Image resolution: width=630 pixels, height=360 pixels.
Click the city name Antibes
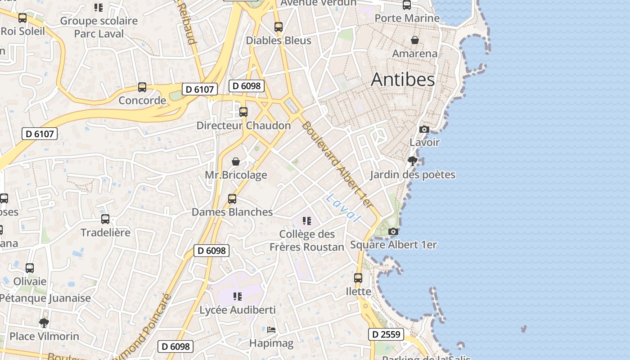(x=403, y=80)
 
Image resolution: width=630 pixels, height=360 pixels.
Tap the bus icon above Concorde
(x=142, y=87)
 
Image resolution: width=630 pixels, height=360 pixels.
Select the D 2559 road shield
(x=386, y=334)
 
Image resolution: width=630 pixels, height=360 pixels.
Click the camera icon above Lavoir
(x=424, y=130)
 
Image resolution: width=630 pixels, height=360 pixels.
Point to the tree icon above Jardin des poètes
(x=412, y=161)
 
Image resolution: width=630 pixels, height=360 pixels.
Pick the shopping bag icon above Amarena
(x=415, y=40)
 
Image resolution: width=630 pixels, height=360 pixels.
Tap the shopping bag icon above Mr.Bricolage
(x=235, y=162)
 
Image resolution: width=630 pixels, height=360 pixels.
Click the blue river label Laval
(x=344, y=207)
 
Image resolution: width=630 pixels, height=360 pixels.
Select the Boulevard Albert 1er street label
(x=337, y=165)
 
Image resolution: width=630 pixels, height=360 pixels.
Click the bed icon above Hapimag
(x=271, y=330)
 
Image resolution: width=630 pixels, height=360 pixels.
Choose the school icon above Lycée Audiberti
(x=237, y=296)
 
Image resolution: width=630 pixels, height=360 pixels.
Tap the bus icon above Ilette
(x=358, y=278)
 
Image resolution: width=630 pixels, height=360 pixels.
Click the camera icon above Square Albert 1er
(x=393, y=231)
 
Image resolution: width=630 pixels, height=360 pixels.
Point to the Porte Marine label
(x=407, y=18)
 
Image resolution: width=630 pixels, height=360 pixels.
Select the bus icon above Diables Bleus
(x=279, y=27)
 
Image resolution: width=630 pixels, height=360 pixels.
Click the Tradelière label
(x=105, y=233)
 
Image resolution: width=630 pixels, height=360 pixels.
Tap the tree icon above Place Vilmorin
(x=44, y=323)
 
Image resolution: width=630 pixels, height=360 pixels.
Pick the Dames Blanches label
(x=232, y=212)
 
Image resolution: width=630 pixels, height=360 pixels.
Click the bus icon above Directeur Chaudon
(x=243, y=112)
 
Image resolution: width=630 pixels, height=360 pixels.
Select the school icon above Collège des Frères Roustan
(x=307, y=220)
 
